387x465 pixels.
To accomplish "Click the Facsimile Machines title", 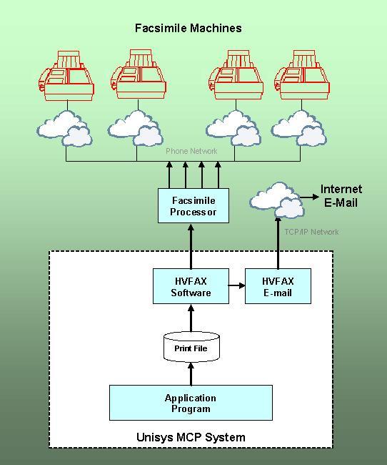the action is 189,28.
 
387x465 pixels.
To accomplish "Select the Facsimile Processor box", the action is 193,205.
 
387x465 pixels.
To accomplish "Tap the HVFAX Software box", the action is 191,286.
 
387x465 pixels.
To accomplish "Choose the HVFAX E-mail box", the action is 278,286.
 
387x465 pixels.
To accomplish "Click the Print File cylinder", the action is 191,347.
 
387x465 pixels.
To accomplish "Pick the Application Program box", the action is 191,403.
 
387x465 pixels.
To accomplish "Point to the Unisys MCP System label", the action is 191,437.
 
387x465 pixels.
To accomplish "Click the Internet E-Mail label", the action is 341,196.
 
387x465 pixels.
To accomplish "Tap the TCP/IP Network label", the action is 311,232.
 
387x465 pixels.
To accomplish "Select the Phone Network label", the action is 191,151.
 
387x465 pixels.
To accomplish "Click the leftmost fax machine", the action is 66,76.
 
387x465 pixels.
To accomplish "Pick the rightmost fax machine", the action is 302,75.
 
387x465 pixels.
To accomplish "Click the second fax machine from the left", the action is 138,74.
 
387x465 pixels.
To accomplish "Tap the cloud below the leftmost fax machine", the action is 64,129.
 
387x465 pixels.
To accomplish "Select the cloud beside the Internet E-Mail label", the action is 277,200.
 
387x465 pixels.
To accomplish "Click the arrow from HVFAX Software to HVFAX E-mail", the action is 236,285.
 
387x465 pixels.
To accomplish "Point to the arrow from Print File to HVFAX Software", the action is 191,319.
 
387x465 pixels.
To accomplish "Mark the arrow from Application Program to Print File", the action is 191,374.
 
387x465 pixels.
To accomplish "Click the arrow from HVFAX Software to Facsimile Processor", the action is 191,246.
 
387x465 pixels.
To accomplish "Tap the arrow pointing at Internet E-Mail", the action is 310,197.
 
